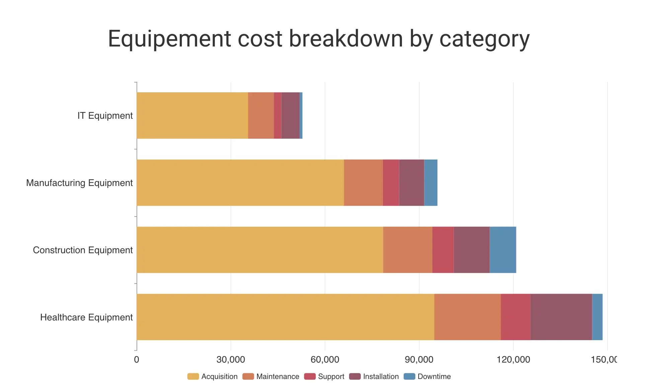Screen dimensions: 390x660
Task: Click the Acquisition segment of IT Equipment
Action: [192, 115]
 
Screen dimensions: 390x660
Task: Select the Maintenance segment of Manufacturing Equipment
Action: [363, 183]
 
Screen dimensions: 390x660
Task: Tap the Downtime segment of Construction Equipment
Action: [503, 250]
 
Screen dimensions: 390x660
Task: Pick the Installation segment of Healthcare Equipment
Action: [561, 317]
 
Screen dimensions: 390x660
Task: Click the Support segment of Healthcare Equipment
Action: [515, 317]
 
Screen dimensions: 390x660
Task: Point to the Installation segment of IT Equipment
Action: [290, 115]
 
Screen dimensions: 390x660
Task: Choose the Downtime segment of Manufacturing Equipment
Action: [430, 183]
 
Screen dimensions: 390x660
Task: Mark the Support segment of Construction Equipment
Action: [443, 250]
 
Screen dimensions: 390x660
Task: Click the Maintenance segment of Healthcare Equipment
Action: [467, 317]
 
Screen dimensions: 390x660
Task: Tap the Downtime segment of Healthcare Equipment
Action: [597, 317]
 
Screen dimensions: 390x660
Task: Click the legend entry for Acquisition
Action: [219, 377]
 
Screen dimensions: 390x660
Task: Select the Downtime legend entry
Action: [434, 377]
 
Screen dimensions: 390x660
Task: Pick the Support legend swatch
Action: [310, 377]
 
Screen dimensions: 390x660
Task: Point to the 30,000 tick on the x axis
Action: [231, 360]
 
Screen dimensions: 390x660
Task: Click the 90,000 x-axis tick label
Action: [419, 360]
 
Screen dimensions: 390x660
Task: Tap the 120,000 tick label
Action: [513, 360]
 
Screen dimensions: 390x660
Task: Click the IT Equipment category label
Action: [105, 116]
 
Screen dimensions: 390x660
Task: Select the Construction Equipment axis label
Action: [83, 250]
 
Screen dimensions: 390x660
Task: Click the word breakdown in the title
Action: [346, 39]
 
